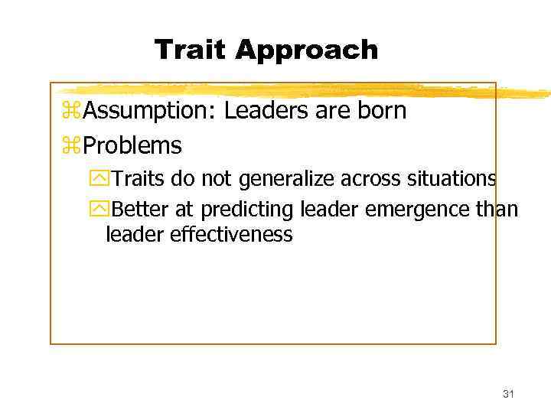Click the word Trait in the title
pos(191,50)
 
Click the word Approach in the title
pos(307,51)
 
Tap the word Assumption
pos(150,112)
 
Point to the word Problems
pos(132,145)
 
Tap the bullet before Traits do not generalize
pos(99,180)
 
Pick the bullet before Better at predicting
pos(99,210)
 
